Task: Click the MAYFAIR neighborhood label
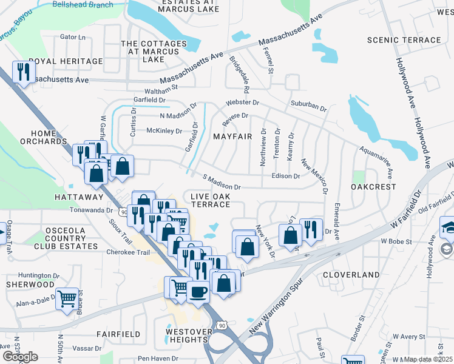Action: point(232,136)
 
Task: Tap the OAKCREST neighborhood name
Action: point(373,187)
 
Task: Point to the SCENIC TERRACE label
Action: point(404,40)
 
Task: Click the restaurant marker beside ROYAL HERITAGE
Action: point(24,72)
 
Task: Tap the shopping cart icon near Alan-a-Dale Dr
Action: point(67,298)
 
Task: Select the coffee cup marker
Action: point(198,291)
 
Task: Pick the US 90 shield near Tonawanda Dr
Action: point(124,212)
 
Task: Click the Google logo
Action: point(20,357)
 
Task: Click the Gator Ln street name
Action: point(73,37)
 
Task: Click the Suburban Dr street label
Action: point(308,106)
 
